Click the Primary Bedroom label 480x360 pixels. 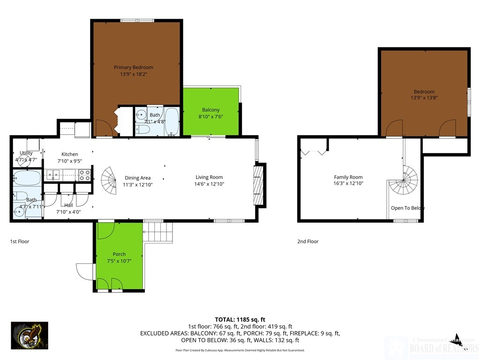tap(134, 67)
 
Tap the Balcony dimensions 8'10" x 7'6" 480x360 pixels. tap(210, 117)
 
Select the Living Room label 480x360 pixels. tap(209, 177)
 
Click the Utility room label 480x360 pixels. tap(26, 153)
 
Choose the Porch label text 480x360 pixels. tap(119, 255)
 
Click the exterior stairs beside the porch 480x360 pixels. tap(157, 232)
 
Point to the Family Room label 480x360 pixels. tap(348, 177)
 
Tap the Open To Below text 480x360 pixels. tap(407, 208)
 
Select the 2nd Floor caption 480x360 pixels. tap(307, 241)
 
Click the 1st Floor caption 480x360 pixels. tap(20, 241)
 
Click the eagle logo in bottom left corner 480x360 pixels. tap(29, 336)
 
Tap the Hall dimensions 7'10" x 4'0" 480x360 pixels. tap(68, 211)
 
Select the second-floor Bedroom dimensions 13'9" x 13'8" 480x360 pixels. tap(424, 98)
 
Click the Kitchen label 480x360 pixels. tap(70, 154)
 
